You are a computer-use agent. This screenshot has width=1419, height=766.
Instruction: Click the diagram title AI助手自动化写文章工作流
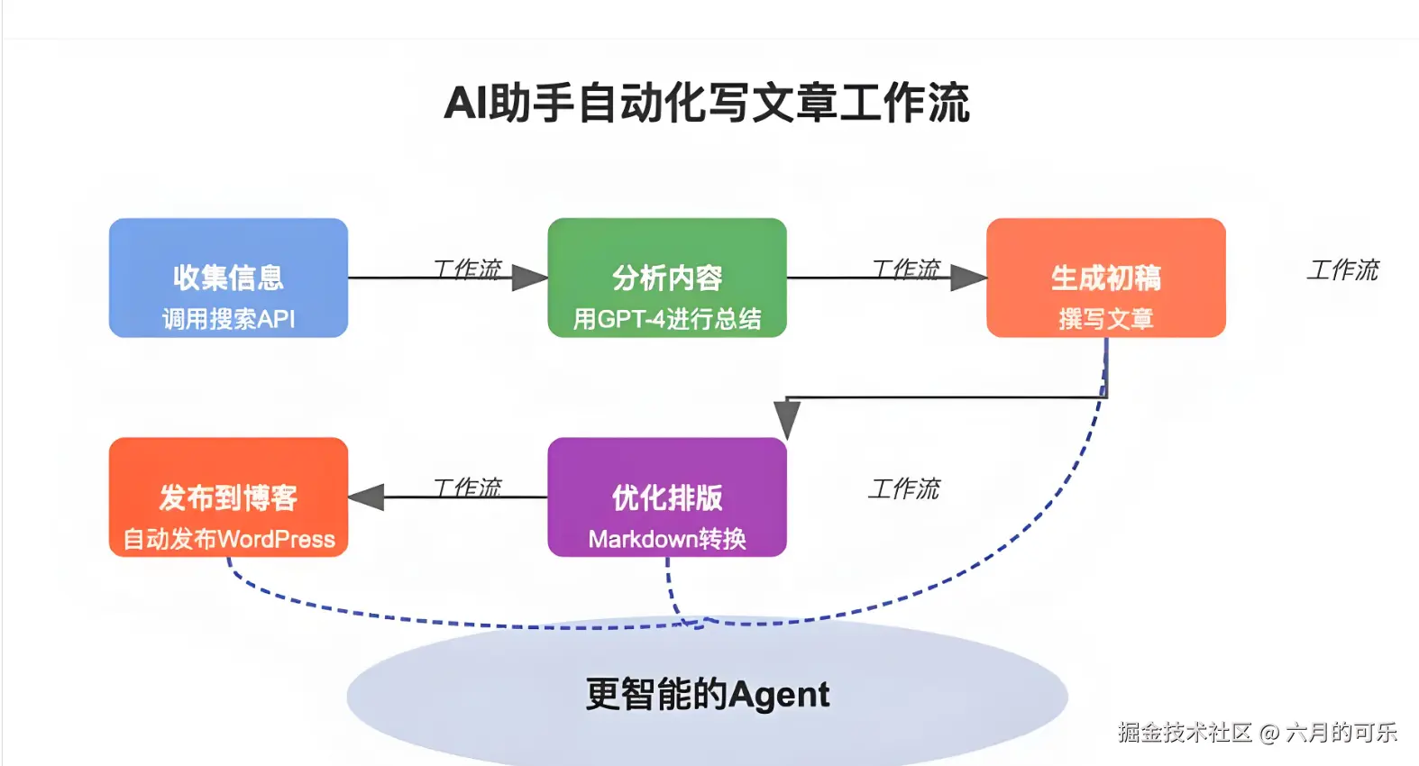click(x=707, y=103)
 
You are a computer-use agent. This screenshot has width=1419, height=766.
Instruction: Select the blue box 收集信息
click(x=228, y=277)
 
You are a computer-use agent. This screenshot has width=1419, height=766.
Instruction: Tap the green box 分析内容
click(x=667, y=277)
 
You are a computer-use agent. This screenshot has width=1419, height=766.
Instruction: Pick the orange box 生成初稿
click(x=1105, y=277)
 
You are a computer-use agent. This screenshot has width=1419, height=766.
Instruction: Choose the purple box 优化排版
click(x=667, y=497)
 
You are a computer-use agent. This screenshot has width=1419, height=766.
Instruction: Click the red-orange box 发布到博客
click(x=228, y=497)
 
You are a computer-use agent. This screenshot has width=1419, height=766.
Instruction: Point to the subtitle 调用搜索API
click(x=228, y=319)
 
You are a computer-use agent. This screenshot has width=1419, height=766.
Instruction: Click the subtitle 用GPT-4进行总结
click(x=667, y=319)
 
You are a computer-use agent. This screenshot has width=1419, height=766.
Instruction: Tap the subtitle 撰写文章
click(x=1105, y=319)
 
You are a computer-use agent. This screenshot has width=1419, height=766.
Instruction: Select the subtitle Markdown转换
click(x=667, y=539)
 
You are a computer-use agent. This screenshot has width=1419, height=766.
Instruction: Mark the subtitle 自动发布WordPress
click(x=228, y=539)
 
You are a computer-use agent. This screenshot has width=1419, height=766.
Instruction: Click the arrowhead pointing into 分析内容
click(x=530, y=278)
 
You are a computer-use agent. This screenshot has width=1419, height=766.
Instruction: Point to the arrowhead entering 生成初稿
click(x=968, y=278)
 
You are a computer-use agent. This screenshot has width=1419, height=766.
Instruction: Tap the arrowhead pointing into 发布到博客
click(x=366, y=497)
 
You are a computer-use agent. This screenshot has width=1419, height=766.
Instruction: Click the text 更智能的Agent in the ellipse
click(x=707, y=694)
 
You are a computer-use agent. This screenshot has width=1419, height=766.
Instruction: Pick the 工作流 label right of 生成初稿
click(x=1343, y=269)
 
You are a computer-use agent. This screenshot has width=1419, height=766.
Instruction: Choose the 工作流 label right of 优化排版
click(x=904, y=488)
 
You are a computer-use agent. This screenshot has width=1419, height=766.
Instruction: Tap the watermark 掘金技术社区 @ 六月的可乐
click(x=1257, y=732)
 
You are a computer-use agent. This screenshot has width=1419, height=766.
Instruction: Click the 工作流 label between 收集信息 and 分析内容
click(x=467, y=269)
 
